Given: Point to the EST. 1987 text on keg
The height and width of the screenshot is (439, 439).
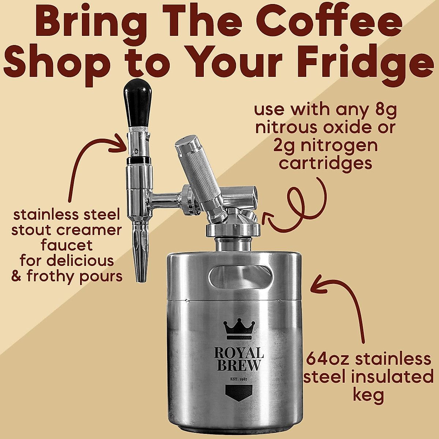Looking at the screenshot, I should tap(239, 379).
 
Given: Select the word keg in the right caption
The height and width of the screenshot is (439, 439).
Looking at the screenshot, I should tap(369, 395).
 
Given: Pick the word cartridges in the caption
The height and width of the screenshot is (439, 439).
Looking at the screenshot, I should tap(326, 163).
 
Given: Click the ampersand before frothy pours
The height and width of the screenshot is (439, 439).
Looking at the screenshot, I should tap(17, 276).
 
